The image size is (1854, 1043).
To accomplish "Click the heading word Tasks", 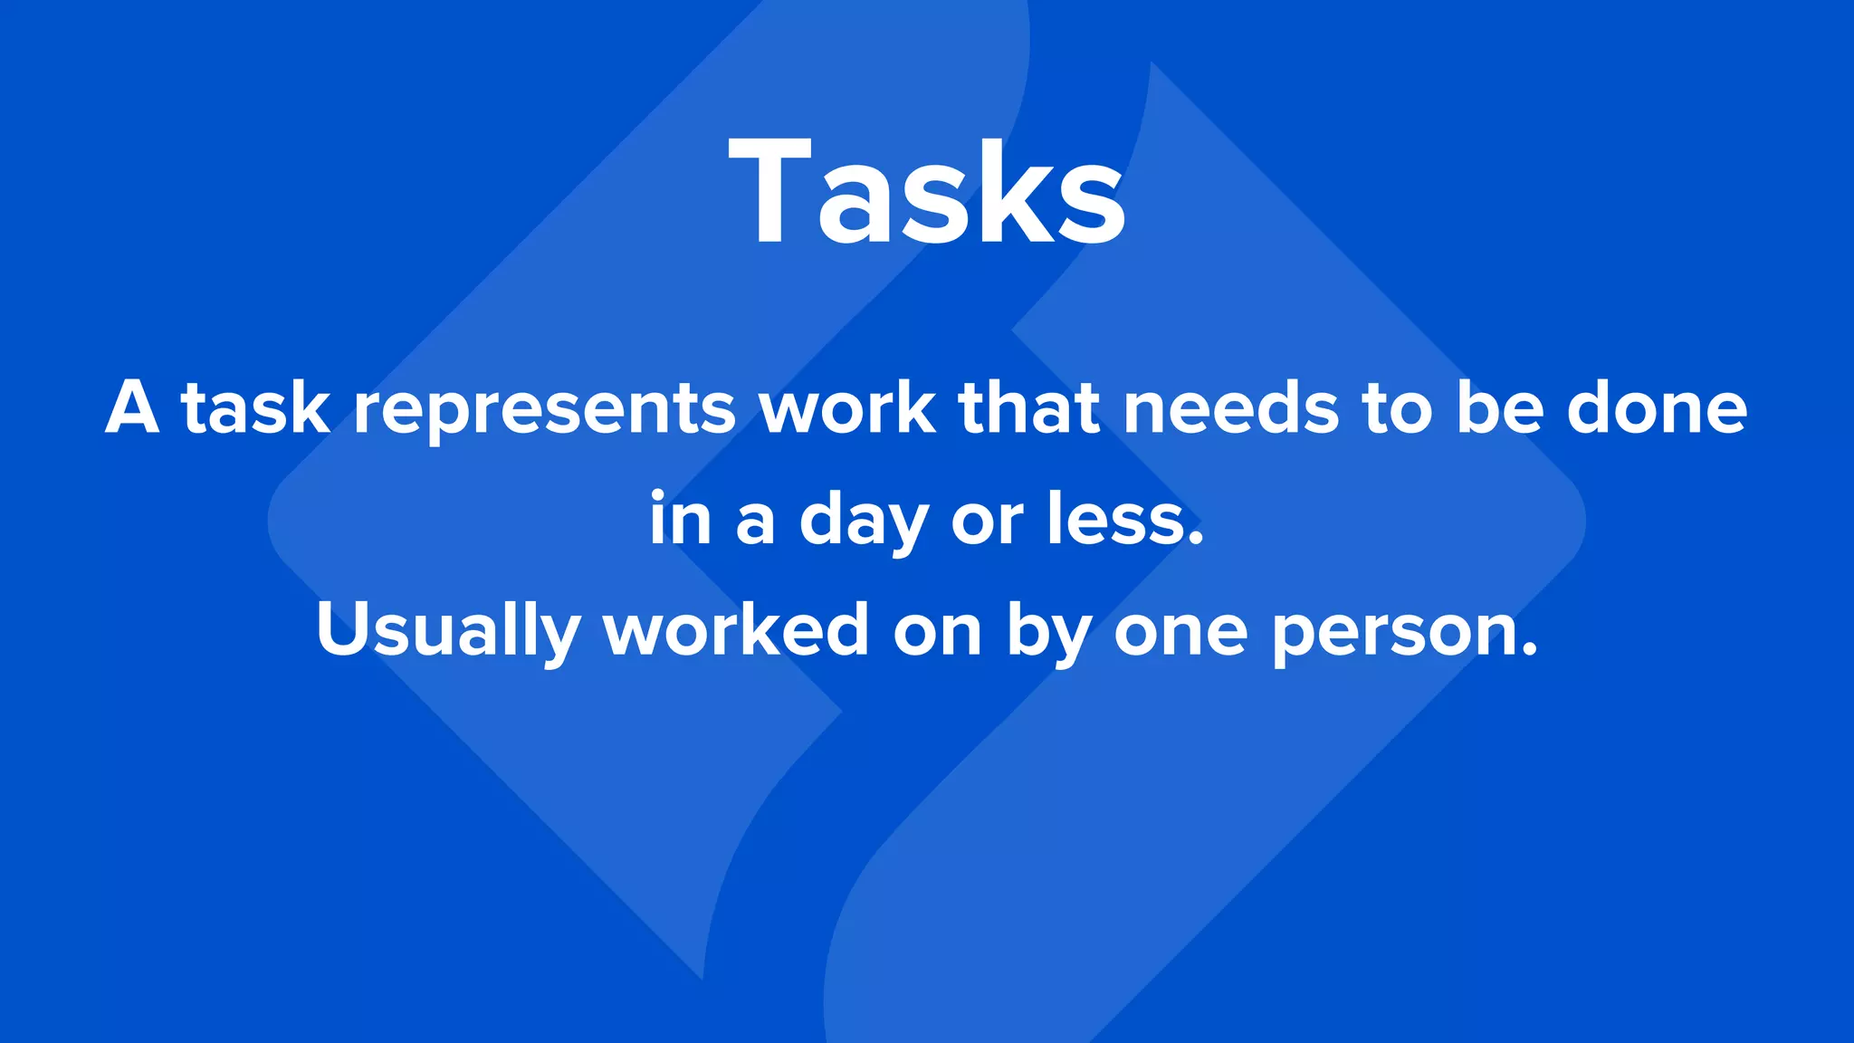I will tap(927, 192).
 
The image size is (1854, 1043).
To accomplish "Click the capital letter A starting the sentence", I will tap(132, 408).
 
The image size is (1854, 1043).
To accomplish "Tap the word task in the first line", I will tap(256, 408).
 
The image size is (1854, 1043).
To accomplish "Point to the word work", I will tap(847, 408).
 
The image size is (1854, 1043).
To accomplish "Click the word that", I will tap(1029, 408).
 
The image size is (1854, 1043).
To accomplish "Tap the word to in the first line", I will tap(1397, 410).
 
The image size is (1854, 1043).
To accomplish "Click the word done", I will tap(1657, 408).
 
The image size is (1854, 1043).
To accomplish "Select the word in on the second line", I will tap(680, 520).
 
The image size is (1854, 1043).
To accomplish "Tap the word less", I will tap(1125, 520).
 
